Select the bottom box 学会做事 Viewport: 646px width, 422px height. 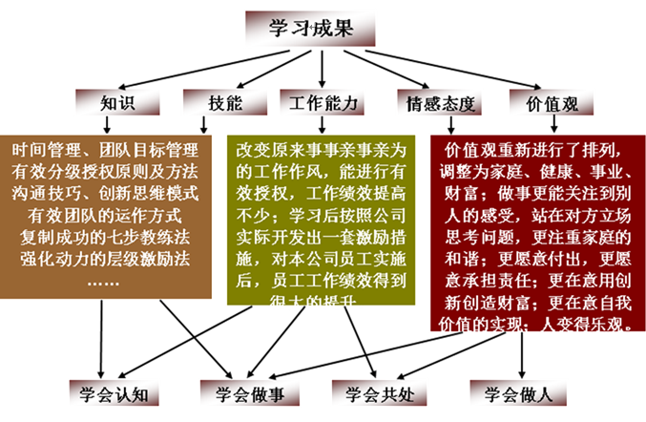[240, 391]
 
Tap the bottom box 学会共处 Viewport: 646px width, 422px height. [371, 391]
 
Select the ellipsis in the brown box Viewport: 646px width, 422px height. [106, 282]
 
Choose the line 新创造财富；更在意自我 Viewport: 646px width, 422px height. [534, 303]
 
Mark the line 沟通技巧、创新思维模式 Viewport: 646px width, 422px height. [106, 193]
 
